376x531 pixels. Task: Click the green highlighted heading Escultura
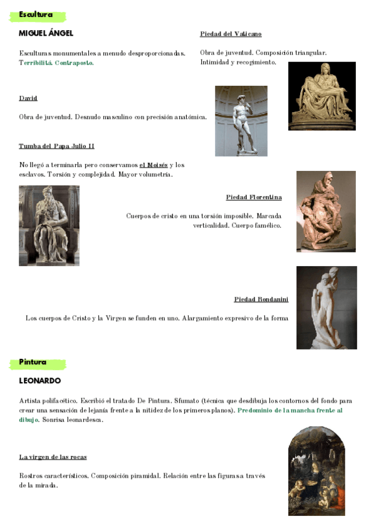click(x=36, y=15)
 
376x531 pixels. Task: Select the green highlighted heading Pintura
click(x=33, y=362)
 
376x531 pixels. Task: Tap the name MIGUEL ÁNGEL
click(x=46, y=33)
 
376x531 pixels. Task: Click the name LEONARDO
click(x=40, y=381)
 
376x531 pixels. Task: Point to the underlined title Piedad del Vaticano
click(x=231, y=34)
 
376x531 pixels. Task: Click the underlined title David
click(x=28, y=98)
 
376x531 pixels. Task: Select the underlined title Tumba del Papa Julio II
click(x=56, y=146)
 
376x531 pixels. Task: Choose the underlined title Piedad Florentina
click(x=254, y=197)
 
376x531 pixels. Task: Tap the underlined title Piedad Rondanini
click(x=258, y=299)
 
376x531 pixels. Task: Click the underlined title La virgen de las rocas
click(x=53, y=457)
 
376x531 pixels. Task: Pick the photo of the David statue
click(x=241, y=121)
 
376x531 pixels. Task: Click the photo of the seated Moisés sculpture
click(x=49, y=225)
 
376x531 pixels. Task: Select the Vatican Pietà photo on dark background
click(x=321, y=96)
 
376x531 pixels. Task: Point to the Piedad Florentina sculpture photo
click(x=326, y=211)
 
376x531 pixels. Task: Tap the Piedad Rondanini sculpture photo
click(x=326, y=307)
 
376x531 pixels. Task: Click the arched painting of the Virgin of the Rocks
click(x=316, y=471)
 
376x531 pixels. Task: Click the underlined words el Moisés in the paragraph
click(x=154, y=165)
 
